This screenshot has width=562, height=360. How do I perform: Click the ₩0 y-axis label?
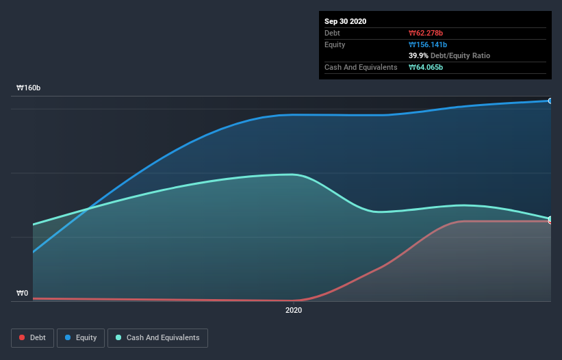tap(23, 293)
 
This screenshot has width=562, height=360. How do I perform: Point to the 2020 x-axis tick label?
tap(293, 311)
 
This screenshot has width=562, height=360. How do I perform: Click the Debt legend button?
tap(31, 337)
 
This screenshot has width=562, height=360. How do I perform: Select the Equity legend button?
tap(81, 337)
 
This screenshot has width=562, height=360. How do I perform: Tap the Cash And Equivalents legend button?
tap(157, 337)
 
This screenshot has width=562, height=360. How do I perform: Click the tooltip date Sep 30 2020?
tap(346, 21)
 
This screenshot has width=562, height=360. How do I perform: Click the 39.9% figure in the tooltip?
tap(418, 55)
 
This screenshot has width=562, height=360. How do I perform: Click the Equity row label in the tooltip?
tap(335, 44)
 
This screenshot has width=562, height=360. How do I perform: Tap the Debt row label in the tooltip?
tap(332, 33)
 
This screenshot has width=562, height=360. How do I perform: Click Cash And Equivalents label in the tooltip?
tap(361, 67)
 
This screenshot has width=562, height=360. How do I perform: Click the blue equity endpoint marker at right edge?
tap(550, 101)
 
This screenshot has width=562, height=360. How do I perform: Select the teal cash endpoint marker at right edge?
tap(550, 218)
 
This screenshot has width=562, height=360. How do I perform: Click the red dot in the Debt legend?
tap(22, 337)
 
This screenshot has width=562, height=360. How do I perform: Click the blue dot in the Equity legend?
tap(68, 337)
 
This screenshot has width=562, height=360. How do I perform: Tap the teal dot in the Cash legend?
tap(119, 337)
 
